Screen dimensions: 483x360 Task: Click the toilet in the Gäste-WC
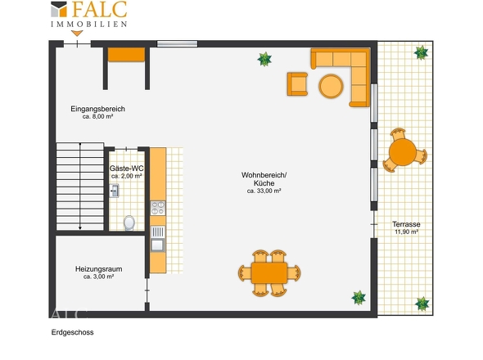(129, 223)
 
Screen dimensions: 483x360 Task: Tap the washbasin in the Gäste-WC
(114, 191)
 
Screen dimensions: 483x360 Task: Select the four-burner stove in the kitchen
(158, 208)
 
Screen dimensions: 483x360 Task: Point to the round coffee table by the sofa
(331, 86)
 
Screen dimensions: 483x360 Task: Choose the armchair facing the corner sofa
(297, 84)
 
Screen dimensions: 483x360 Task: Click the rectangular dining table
(269, 272)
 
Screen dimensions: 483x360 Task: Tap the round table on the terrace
(403, 152)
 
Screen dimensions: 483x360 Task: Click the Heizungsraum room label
(98, 269)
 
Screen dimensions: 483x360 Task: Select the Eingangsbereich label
(97, 109)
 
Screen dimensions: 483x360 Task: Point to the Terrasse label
(406, 224)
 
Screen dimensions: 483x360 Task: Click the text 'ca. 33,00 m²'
(264, 191)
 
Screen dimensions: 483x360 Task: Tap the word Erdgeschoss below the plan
(72, 332)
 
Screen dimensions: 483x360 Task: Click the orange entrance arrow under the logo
(77, 34)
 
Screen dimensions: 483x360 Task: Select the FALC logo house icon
(59, 9)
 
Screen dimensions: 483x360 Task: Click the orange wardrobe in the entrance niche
(126, 55)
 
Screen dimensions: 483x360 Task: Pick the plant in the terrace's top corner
(421, 52)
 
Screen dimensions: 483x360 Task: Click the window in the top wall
(177, 43)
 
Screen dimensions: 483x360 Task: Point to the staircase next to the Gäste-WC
(80, 186)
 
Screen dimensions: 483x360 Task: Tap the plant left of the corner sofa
(264, 59)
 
